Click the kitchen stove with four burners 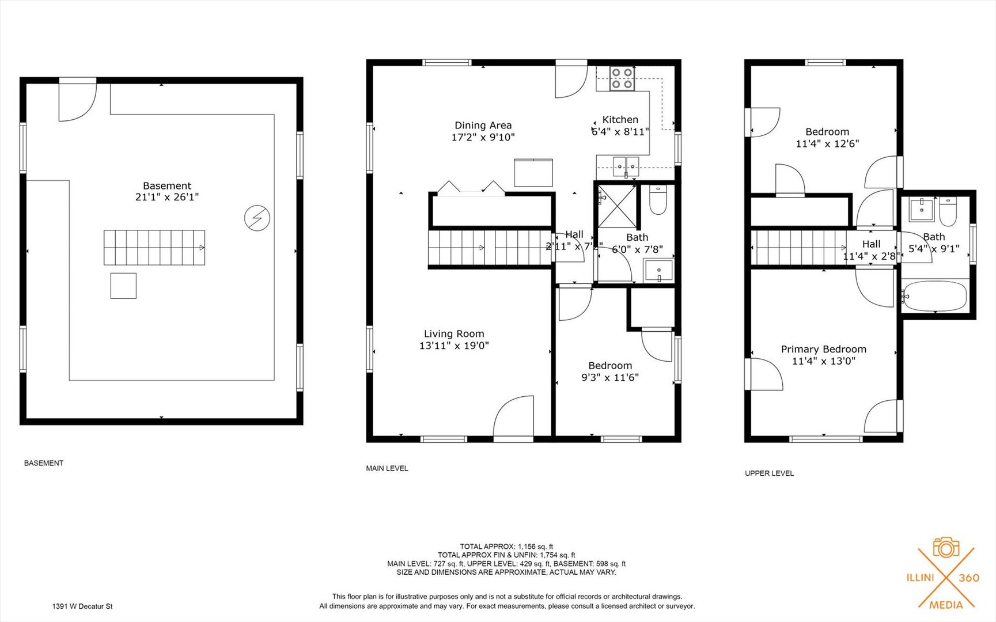click(x=622, y=78)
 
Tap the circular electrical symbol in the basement click(x=257, y=218)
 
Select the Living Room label click(x=454, y=333)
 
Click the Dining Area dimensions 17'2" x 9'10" click(x=483, y=138)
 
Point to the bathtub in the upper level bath click(x=934, y=297)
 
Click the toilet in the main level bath click(x=657, y=199)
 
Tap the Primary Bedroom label click(x=823, y=349)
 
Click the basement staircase click(x=154, y=248)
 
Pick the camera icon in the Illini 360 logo click(x=946, y=548)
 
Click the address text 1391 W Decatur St click(x=82, y=606)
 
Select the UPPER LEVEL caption click(x=769, y=473)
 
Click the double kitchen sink click(x=626, y=166)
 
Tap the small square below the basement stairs click(x=123, y=286)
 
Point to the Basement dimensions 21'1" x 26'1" click(x=167, y=197)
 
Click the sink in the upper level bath click(x=922, y=210)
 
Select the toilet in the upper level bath click(x=948, y=211)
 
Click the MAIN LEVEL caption click(x=387, y=468)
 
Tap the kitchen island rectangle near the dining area click(x=533, y=172)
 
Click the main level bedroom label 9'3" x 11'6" click(x=610, y=378)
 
